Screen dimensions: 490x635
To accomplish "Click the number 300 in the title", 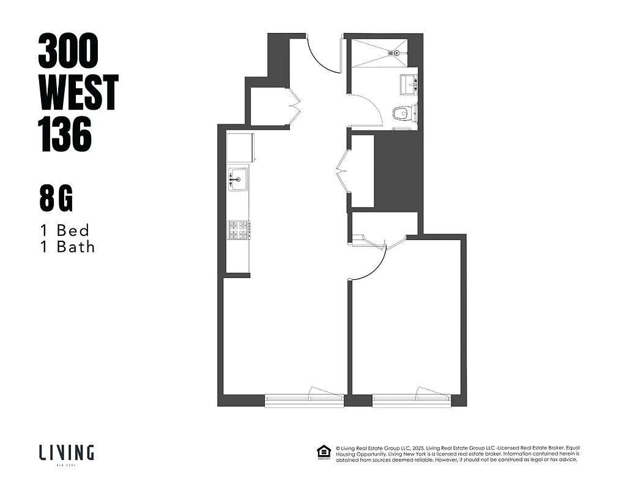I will (x=68, y=51).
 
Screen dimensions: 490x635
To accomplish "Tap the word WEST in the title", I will (x=78, y=92).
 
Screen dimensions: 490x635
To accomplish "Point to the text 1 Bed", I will (x=64, y=230).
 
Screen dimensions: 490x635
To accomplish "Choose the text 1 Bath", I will (x=67, y=247).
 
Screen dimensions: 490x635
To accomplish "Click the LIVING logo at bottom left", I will (x=67, y=454).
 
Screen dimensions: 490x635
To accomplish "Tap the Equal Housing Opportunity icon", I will (x=322, y=453).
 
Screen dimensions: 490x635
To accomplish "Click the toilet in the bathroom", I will (x=401, y=113).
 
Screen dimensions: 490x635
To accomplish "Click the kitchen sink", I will (x=238, y=179).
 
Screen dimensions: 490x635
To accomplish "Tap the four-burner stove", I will (x=238, y=230).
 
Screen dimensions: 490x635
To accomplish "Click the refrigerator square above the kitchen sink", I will (x=240, y=148).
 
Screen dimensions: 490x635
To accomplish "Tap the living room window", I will (x=304, y=399).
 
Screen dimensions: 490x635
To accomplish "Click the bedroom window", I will (x=411, y=399).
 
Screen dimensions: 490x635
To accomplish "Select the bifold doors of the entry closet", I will (x=293, y=106).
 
